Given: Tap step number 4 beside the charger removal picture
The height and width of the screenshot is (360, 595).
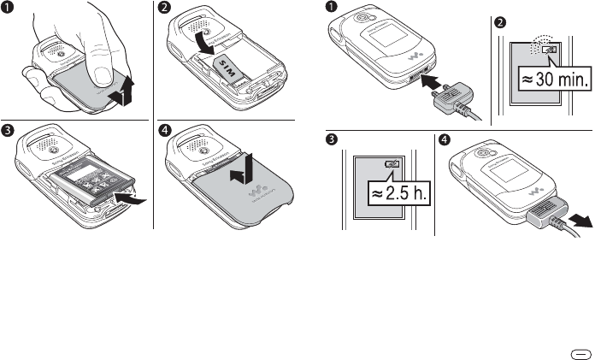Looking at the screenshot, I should tap(445, 139).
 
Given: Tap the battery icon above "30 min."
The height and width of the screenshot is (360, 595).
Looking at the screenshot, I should tap(547, 51).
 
